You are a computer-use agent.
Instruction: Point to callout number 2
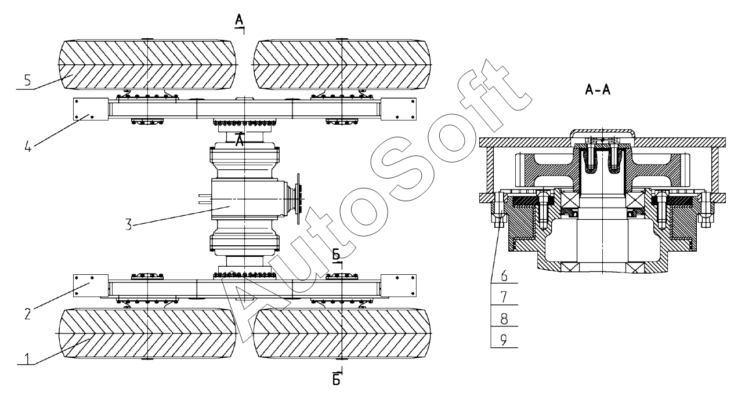pyautogui.click(x=27, y=301)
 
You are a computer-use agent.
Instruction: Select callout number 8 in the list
pyautogui.click(x=503, y=318)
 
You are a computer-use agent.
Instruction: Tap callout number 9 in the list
pyautogui.click(x=503, y=339)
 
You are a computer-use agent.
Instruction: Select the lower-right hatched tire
pyautogui.click(x=342, y=333)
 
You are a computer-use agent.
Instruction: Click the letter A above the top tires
pyautogui.click(x=238, y=21)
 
